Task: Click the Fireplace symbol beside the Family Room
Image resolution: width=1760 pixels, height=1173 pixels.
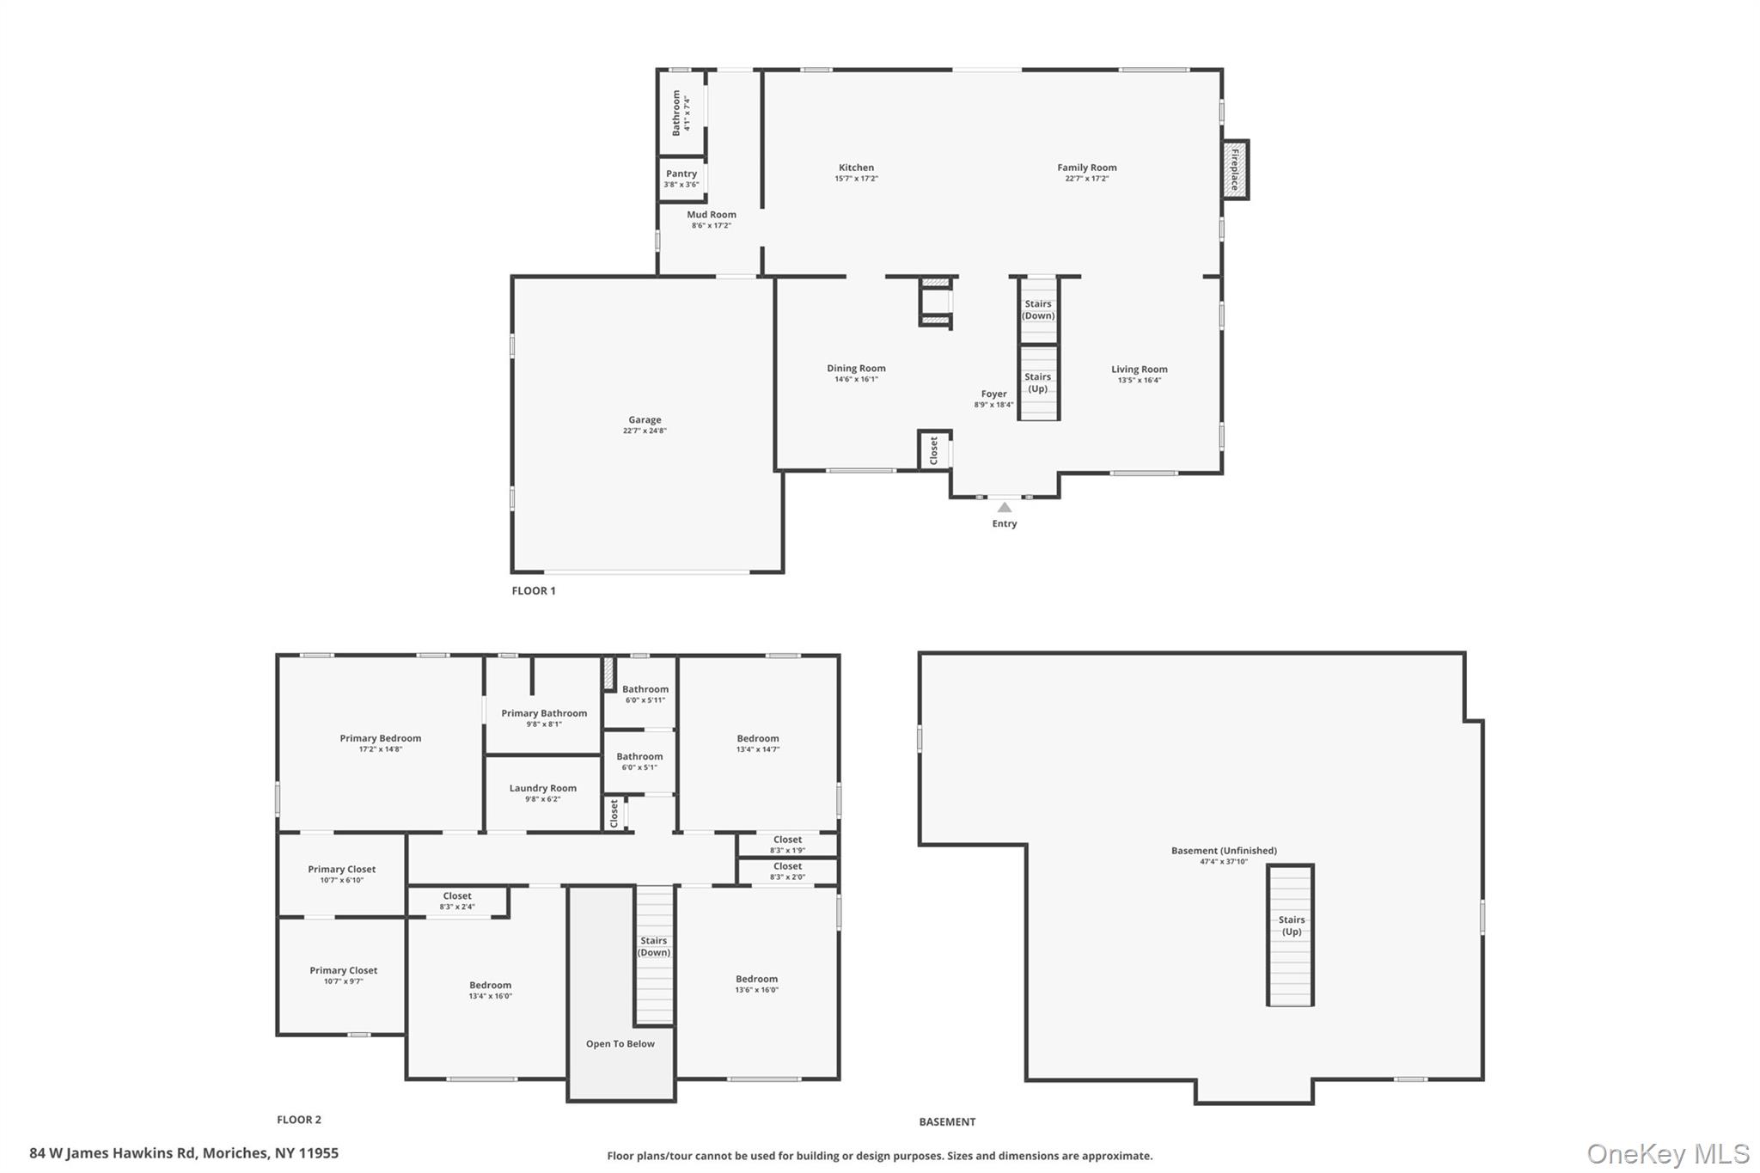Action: [1236, 170]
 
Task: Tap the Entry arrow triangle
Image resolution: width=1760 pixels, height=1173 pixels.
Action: [1004, 508]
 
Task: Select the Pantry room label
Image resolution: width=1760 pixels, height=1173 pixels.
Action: [681, 174]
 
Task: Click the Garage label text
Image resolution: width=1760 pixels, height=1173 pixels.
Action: [645, 420]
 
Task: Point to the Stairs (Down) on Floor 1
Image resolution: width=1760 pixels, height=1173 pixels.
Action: [1038, 309]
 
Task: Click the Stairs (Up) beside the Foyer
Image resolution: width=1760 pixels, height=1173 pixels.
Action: [1038, 382]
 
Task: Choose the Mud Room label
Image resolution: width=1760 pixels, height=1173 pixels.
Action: [712, 215]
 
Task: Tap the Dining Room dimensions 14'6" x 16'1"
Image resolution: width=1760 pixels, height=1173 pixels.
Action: [856, 380]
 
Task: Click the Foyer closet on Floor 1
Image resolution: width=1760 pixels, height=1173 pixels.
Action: [934, 450]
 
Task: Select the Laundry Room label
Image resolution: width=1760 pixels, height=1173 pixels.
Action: [542, 788]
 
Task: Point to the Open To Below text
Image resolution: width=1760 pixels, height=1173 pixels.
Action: [620, 1044]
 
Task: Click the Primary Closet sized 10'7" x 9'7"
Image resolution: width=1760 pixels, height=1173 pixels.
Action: [344, 975]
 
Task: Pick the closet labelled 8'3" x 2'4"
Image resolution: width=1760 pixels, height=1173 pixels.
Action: [457, 901]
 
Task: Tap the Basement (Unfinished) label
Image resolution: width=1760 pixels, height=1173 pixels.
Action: [1224, 851]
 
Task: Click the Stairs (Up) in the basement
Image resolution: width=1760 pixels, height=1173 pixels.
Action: [1291, 926]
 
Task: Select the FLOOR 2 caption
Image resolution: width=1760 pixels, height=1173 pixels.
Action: [299, 1120]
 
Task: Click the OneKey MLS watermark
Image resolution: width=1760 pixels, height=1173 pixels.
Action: [1667, 1153]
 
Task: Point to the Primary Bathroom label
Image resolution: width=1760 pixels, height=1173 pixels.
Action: [544, 713]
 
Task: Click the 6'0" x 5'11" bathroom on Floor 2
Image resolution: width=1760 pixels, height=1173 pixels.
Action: [645, 693]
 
